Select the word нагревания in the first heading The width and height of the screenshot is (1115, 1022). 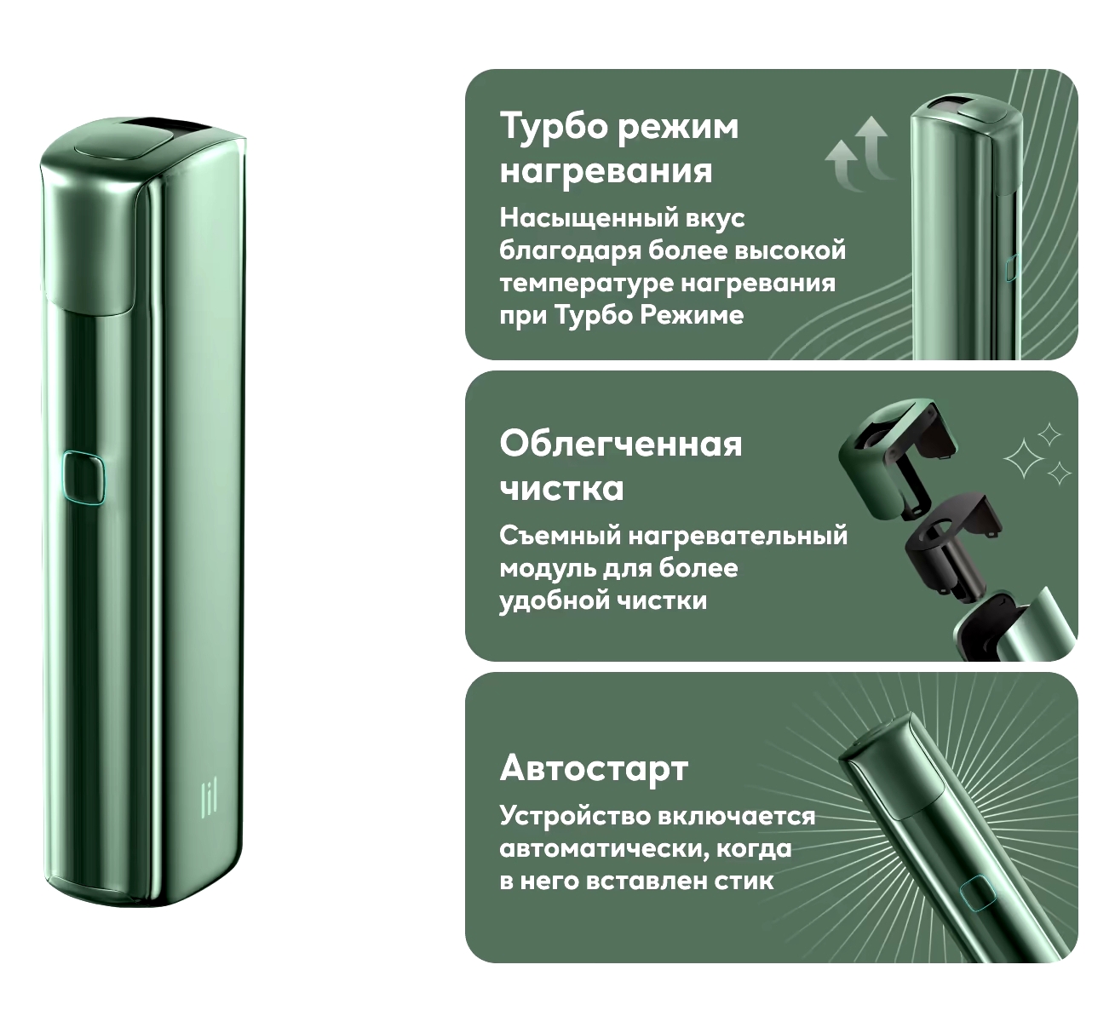coord(606,170)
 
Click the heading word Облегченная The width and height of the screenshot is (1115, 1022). coord(621,445)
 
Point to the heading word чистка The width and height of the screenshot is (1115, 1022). coord(561,489)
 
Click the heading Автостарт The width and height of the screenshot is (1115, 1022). coord(595,768)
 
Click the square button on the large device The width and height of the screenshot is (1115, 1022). coord(83,478)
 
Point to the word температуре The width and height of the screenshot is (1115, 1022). coord(585,284)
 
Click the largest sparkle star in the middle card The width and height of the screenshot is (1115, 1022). coord(1023,458)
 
